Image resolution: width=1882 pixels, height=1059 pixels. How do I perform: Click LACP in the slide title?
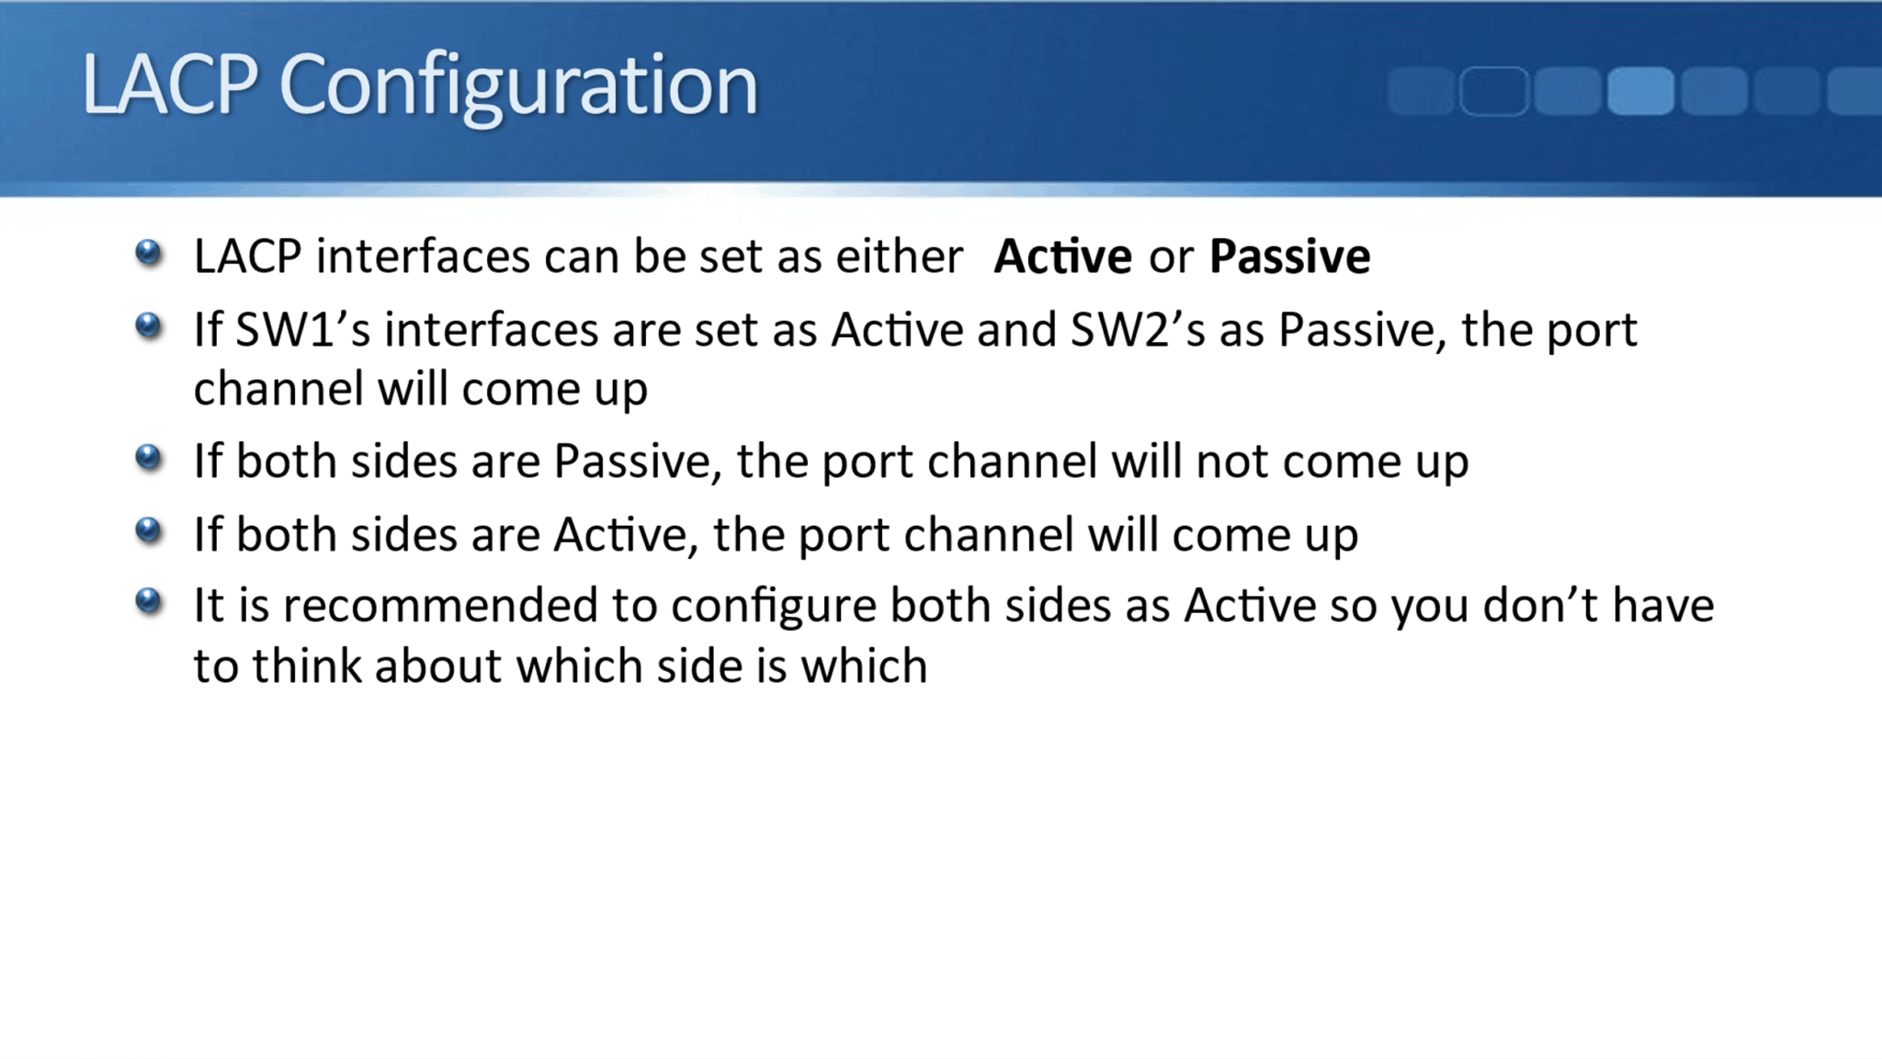pyautogui.click(x=170, y=85)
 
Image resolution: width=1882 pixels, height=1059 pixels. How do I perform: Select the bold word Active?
pyautogui.click(x=1062, y=256)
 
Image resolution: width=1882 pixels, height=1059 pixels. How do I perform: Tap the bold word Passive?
pyautogui.click(x=1289, y=256)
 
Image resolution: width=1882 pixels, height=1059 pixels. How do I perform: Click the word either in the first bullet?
pyautogui.click(x=899, y=256)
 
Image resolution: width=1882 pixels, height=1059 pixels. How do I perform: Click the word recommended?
pyautogui.click(x=440, y=606)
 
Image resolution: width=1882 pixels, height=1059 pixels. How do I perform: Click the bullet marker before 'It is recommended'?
pyautogui.click(x=148, y=601)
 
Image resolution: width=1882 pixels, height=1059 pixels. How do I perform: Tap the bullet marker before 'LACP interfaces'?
pyautogui.click(x=148, y=252)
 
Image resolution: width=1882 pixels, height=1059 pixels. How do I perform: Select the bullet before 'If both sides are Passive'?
pyautogui.click(x=148, y=457)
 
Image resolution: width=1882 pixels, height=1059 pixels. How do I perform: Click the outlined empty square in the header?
pyautogui.click(x=1493, y=91)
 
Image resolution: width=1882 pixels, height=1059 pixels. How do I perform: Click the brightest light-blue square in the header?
pyautogui.click(x=1640, y=91)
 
